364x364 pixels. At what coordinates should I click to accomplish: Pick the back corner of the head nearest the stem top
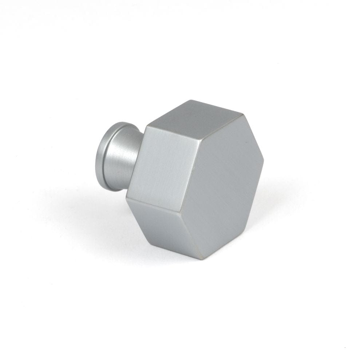(146, 126)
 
